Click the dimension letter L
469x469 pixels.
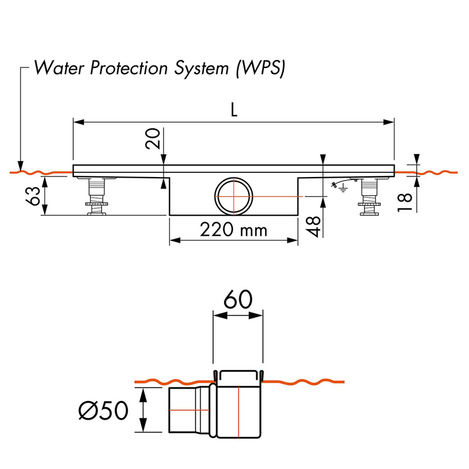tap(234, 111)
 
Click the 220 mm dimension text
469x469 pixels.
tap(233, 229)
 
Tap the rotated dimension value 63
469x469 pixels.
tap(35, 196)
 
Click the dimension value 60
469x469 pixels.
tap(237, 300)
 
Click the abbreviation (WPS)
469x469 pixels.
tap(259, 68)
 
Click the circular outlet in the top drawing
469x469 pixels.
tap(233, 196)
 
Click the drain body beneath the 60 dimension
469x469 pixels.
tap(238, 405)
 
